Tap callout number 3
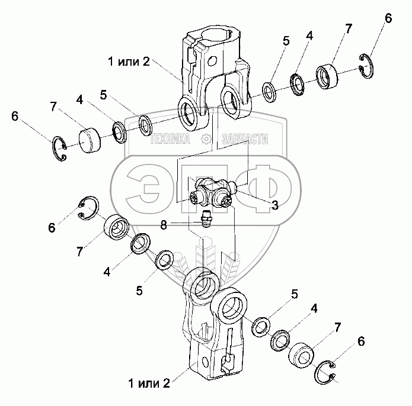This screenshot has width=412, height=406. click(x=274, y=205)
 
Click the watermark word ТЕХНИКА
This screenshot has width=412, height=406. click(x=170, y=140)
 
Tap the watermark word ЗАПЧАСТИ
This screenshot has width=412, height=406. click(x=244, y=140)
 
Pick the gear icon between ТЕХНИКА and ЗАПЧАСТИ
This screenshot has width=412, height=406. click(x=206, y=140)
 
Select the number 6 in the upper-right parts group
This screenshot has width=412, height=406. click(x=388, y=18)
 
